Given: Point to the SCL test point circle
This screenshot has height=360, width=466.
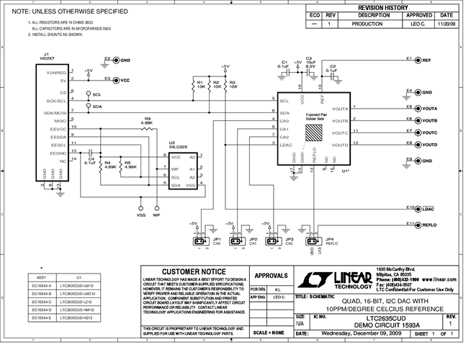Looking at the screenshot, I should [x=89, y=94].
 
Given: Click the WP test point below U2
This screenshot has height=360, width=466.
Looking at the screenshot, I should [x=156, y=207].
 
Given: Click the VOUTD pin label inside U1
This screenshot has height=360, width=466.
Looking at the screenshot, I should [x=341, y=145].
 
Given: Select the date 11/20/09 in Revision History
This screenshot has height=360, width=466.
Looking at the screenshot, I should [x=447, y=24].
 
